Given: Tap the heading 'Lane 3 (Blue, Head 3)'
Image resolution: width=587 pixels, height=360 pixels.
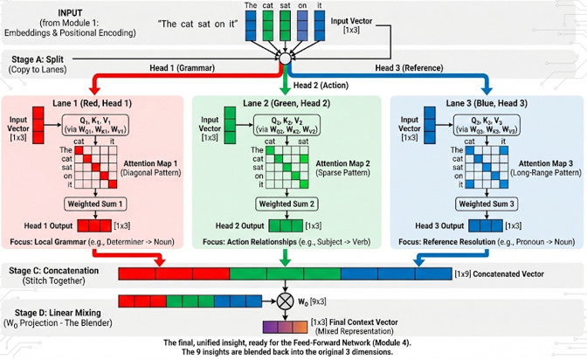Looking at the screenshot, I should (x=479, y=104).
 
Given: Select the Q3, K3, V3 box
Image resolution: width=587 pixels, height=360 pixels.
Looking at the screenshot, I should (x=481, y=125).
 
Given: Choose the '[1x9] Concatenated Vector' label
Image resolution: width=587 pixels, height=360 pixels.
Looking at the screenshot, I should (x=499, y=250).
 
